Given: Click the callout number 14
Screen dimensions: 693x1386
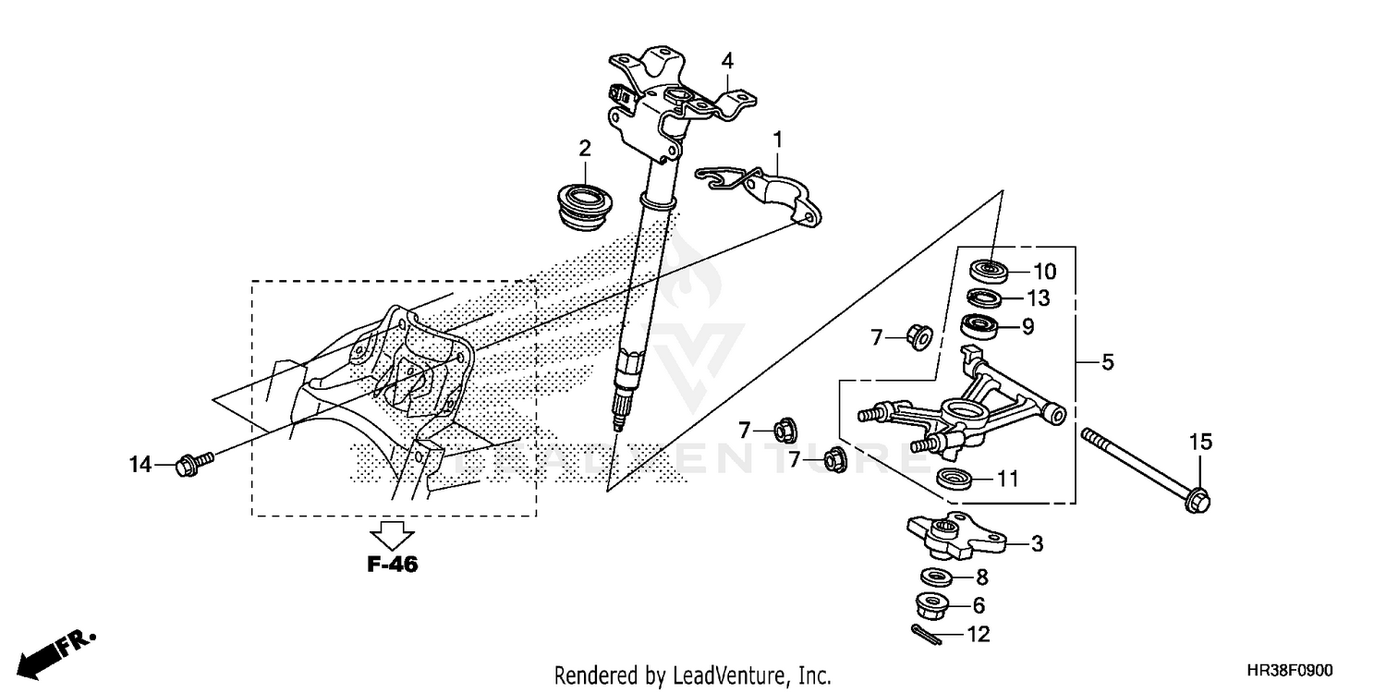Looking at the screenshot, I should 140,465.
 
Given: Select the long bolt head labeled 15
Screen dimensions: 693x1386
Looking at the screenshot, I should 1198,500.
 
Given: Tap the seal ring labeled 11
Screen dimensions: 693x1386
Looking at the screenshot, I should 953,479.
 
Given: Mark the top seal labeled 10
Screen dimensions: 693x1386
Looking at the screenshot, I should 988,271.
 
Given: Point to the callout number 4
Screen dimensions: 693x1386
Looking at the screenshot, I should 728,61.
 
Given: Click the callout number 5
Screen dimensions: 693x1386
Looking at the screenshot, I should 1107,363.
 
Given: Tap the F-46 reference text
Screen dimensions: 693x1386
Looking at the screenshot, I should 393,565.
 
